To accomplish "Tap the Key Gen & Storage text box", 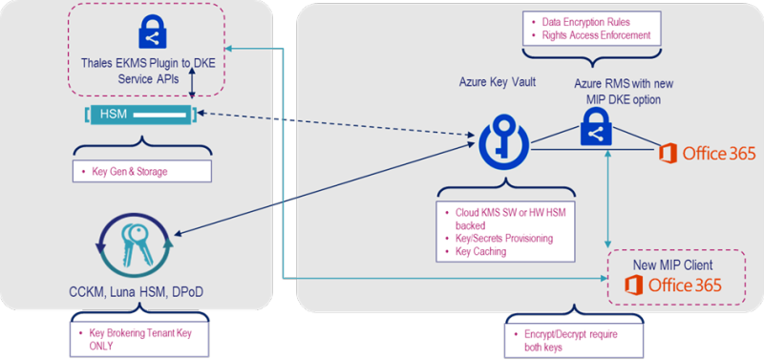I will click(x=140, y=173).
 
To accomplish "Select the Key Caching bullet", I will click(x=477, y=252).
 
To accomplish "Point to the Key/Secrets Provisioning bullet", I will click(x=501, y=238).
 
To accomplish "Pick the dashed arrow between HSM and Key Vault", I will click(x=334, y=127).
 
